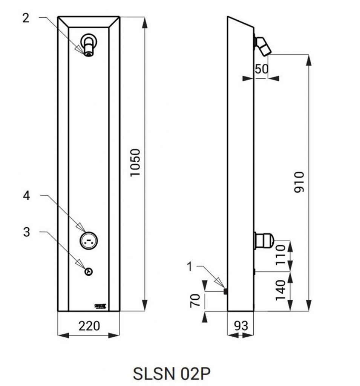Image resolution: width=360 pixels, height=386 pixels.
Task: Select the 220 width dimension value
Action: pos(89,326)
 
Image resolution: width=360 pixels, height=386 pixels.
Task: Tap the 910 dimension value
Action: pos(299,182)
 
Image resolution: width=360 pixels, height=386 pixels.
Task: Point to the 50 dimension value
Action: pos(261,69)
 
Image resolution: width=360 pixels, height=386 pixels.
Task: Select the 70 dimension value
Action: pos(195,301)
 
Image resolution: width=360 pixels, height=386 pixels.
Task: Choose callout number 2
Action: pos(26,18)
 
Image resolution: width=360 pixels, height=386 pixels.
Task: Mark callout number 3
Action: pos(26,232)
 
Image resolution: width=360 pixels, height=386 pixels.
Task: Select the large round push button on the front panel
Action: pos(89,240)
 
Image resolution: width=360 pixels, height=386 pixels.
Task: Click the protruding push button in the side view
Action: pos(264,240)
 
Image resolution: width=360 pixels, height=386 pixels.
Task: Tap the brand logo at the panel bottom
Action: pos(101,306)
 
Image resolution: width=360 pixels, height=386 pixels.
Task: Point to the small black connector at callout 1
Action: pos(225,291)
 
